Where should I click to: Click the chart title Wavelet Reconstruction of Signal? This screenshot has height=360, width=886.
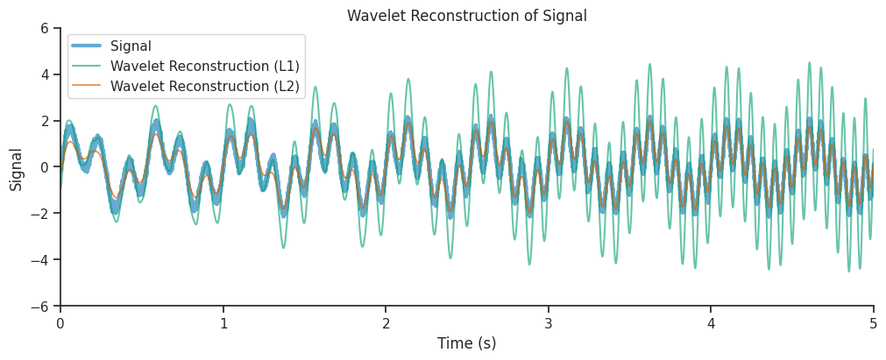pyautogui.click(x=466, y=16)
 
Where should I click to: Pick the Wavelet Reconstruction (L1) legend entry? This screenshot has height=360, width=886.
pyautogui.click(x=204, y=66)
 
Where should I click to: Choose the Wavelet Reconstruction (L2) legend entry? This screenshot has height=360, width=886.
pyautogui.click(x=204, y=86)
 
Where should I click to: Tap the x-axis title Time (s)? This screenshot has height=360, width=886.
pyautogui.click(x=466, y=343)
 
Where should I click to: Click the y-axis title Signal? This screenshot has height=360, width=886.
pyautogui.click(x=17, y=168)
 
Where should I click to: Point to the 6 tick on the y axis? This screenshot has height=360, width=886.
pyautogui.click(x=44, y=28)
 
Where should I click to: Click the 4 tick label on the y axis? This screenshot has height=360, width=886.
pyautogui.click(x=44, y=74)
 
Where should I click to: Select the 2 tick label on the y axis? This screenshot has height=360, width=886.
pyautogui.click(x=44, y=121)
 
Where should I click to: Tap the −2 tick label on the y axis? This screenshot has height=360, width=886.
pyautogui.click(x=39, y=214)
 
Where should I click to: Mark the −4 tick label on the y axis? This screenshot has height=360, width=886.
pyautogui.click(x=39, y=260)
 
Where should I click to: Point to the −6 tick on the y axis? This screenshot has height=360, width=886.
pyautogui.click(x=39, y=307)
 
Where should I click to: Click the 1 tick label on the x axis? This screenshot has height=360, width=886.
pyautogui.click(x=223, y=323)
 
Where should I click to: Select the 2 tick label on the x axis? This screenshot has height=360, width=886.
pyautogui.click(x=386, y=323)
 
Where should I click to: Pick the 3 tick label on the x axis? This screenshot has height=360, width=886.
pyautogui.click(x=549, y=323)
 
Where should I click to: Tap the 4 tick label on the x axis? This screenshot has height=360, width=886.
pyautogui.click(x=711, y=323)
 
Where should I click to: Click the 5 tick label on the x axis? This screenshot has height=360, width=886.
pyautogui.click(x=873, y=323)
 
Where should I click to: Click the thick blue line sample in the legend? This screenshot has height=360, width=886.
pyautogui.click(x=88, y=46)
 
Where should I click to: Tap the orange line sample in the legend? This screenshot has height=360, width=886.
pyautogui.click(x=88, y=86)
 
